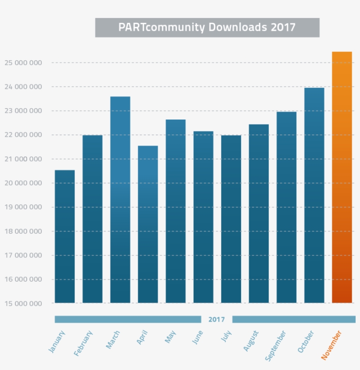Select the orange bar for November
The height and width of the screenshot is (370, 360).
tap(342, 177)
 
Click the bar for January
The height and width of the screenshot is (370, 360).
tap(65, 236)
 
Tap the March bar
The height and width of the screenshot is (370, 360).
tap(120, 200)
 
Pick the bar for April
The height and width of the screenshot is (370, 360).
tap(148, 224)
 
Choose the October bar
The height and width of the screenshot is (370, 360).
tap(314, 195)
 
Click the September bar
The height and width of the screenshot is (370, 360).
tap(286, 207)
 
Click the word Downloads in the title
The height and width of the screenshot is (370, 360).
tap(238, 27)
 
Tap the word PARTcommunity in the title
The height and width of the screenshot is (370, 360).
tap(162, 27)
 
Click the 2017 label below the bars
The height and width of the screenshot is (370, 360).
tap(216, 319)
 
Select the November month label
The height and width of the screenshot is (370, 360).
tap(331, 345)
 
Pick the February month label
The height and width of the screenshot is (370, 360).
tap(84, 343)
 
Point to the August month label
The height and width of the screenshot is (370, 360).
tap(252, 341)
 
